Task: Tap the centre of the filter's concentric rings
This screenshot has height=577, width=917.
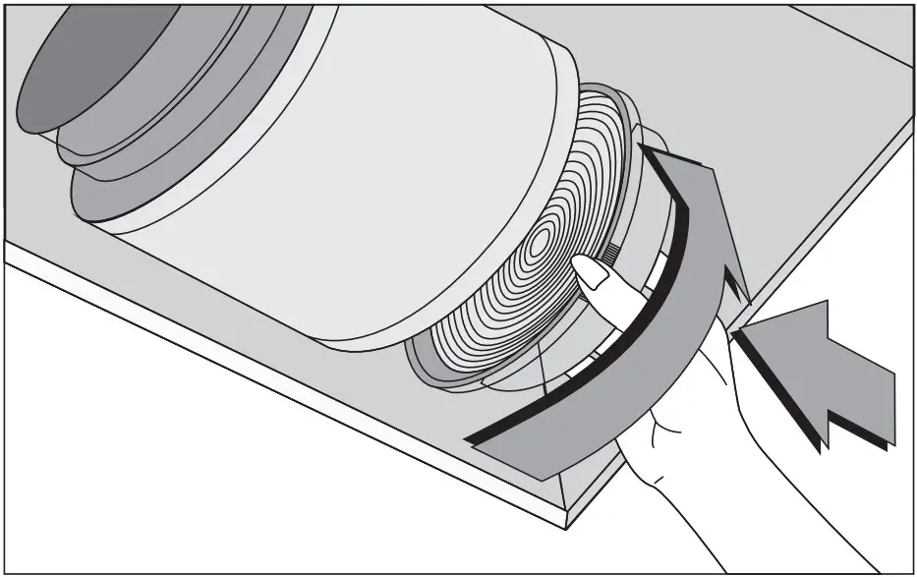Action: (x=544, y=242)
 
